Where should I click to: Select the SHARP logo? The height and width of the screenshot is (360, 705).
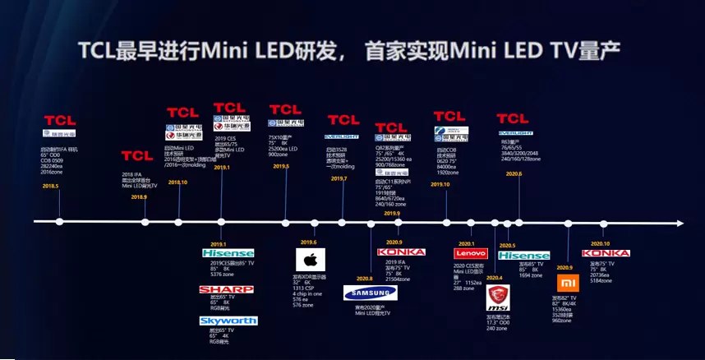click(x=226, y=290)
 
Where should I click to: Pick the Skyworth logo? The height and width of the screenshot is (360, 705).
click(x=228, y=320)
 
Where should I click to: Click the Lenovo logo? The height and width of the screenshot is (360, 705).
click(x=471, y=254)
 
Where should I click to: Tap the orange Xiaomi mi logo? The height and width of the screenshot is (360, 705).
click(x=565, y=283)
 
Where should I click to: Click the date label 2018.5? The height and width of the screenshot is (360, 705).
click(x=51, y=186)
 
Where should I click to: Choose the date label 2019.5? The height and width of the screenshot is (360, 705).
click(x=281, y=166)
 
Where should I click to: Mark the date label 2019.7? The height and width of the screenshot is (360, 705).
click(x=339, y=178)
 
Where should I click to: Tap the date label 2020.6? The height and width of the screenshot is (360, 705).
click(x=514, y=173)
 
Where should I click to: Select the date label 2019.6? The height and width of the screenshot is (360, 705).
click(x=309, y=242)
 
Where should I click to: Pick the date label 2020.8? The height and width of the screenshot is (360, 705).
click(x=365, y=279)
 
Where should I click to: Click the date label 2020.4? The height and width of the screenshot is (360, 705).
click(x=494, y=278)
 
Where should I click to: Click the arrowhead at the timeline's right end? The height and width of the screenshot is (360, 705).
click(x=678, y=222)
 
